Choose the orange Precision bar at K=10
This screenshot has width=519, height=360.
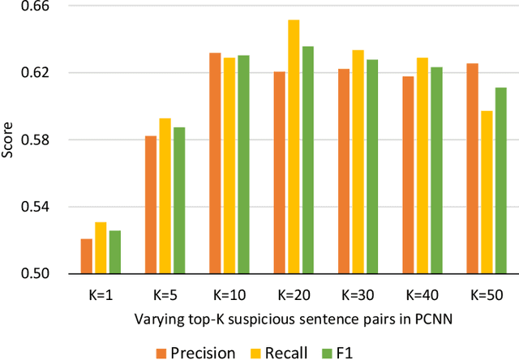click(x=216, y=163)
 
